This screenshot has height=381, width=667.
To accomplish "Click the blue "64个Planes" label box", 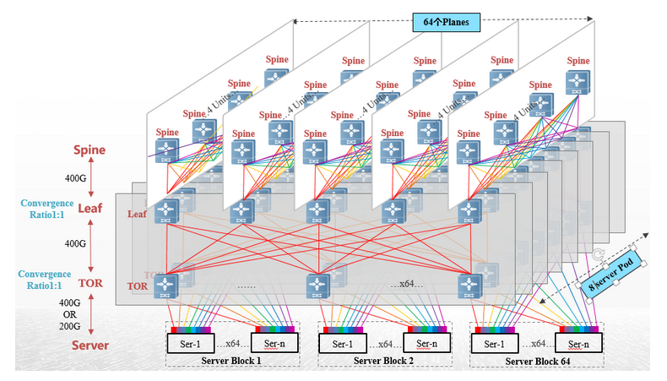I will coord(442,21).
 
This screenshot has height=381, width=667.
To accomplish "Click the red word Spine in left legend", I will coord(89,150).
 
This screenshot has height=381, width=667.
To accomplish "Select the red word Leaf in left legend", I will coord(89,209).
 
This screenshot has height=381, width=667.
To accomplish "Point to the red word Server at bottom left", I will coord(89,346).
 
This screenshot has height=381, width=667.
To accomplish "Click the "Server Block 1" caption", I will coord(231,361).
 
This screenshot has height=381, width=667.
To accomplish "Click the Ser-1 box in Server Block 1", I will coord(190,344).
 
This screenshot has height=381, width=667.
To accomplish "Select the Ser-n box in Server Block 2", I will coord(426,344).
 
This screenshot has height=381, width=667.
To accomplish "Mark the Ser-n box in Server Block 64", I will coord(578,344).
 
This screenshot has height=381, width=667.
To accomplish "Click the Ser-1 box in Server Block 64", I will coord(496,344).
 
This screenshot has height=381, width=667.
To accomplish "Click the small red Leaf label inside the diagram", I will coord(138,215).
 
